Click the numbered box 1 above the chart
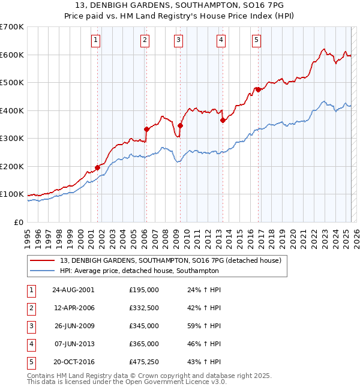pyautogui.click(x=97, y=40)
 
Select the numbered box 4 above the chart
pyautogui.click(x=221, y=40)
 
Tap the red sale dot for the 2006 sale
pyautogui.click(x=146, y=129)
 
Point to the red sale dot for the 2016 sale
pyautogui.click(x=257, y=89)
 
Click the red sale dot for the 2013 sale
pyautogui.click(x=222, y=120)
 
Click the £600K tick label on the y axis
pyautogui.click(x=12, y=55)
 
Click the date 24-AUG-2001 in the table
pyautogui.click(x=73, y=290)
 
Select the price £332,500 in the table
pyautogui.click(x=143, y=308)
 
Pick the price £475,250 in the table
pyautogui.click(x=143, y=362)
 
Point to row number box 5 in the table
pyautogui.click(x=31, y=362)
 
